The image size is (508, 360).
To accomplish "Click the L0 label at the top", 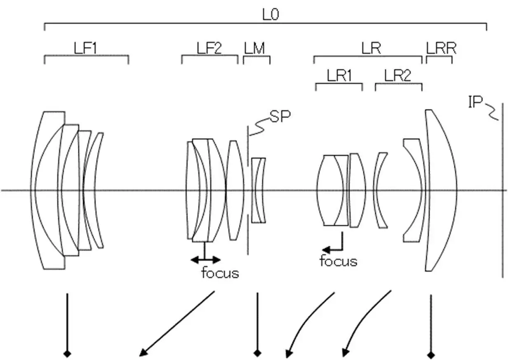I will point(271,15).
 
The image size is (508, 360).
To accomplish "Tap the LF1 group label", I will point(85,49).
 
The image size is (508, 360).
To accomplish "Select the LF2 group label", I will point(209,49).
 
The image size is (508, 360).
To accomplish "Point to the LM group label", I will point(254,49).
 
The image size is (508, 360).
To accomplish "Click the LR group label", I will point(371,49).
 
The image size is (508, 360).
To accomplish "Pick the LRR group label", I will point(441,49).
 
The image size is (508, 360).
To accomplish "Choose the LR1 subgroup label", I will point(339,76).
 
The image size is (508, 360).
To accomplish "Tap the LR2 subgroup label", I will point(398,76).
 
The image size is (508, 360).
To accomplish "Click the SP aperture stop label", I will point(280,117).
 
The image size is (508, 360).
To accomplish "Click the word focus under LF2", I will point(220,273).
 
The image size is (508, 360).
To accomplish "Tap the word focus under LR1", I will point(339,261).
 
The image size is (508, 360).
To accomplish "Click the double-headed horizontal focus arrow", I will point(205,259).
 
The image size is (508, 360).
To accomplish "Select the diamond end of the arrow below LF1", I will point(66,353).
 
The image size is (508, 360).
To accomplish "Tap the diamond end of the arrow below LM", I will point(257,353).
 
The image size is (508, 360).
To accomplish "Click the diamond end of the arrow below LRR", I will point(431,354).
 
